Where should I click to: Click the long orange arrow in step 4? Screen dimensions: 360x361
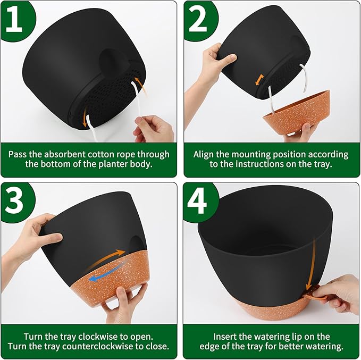click(314, 261)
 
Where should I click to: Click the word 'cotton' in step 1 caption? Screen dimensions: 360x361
click(117, 154)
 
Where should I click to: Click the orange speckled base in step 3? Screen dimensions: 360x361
click(114, 279)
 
